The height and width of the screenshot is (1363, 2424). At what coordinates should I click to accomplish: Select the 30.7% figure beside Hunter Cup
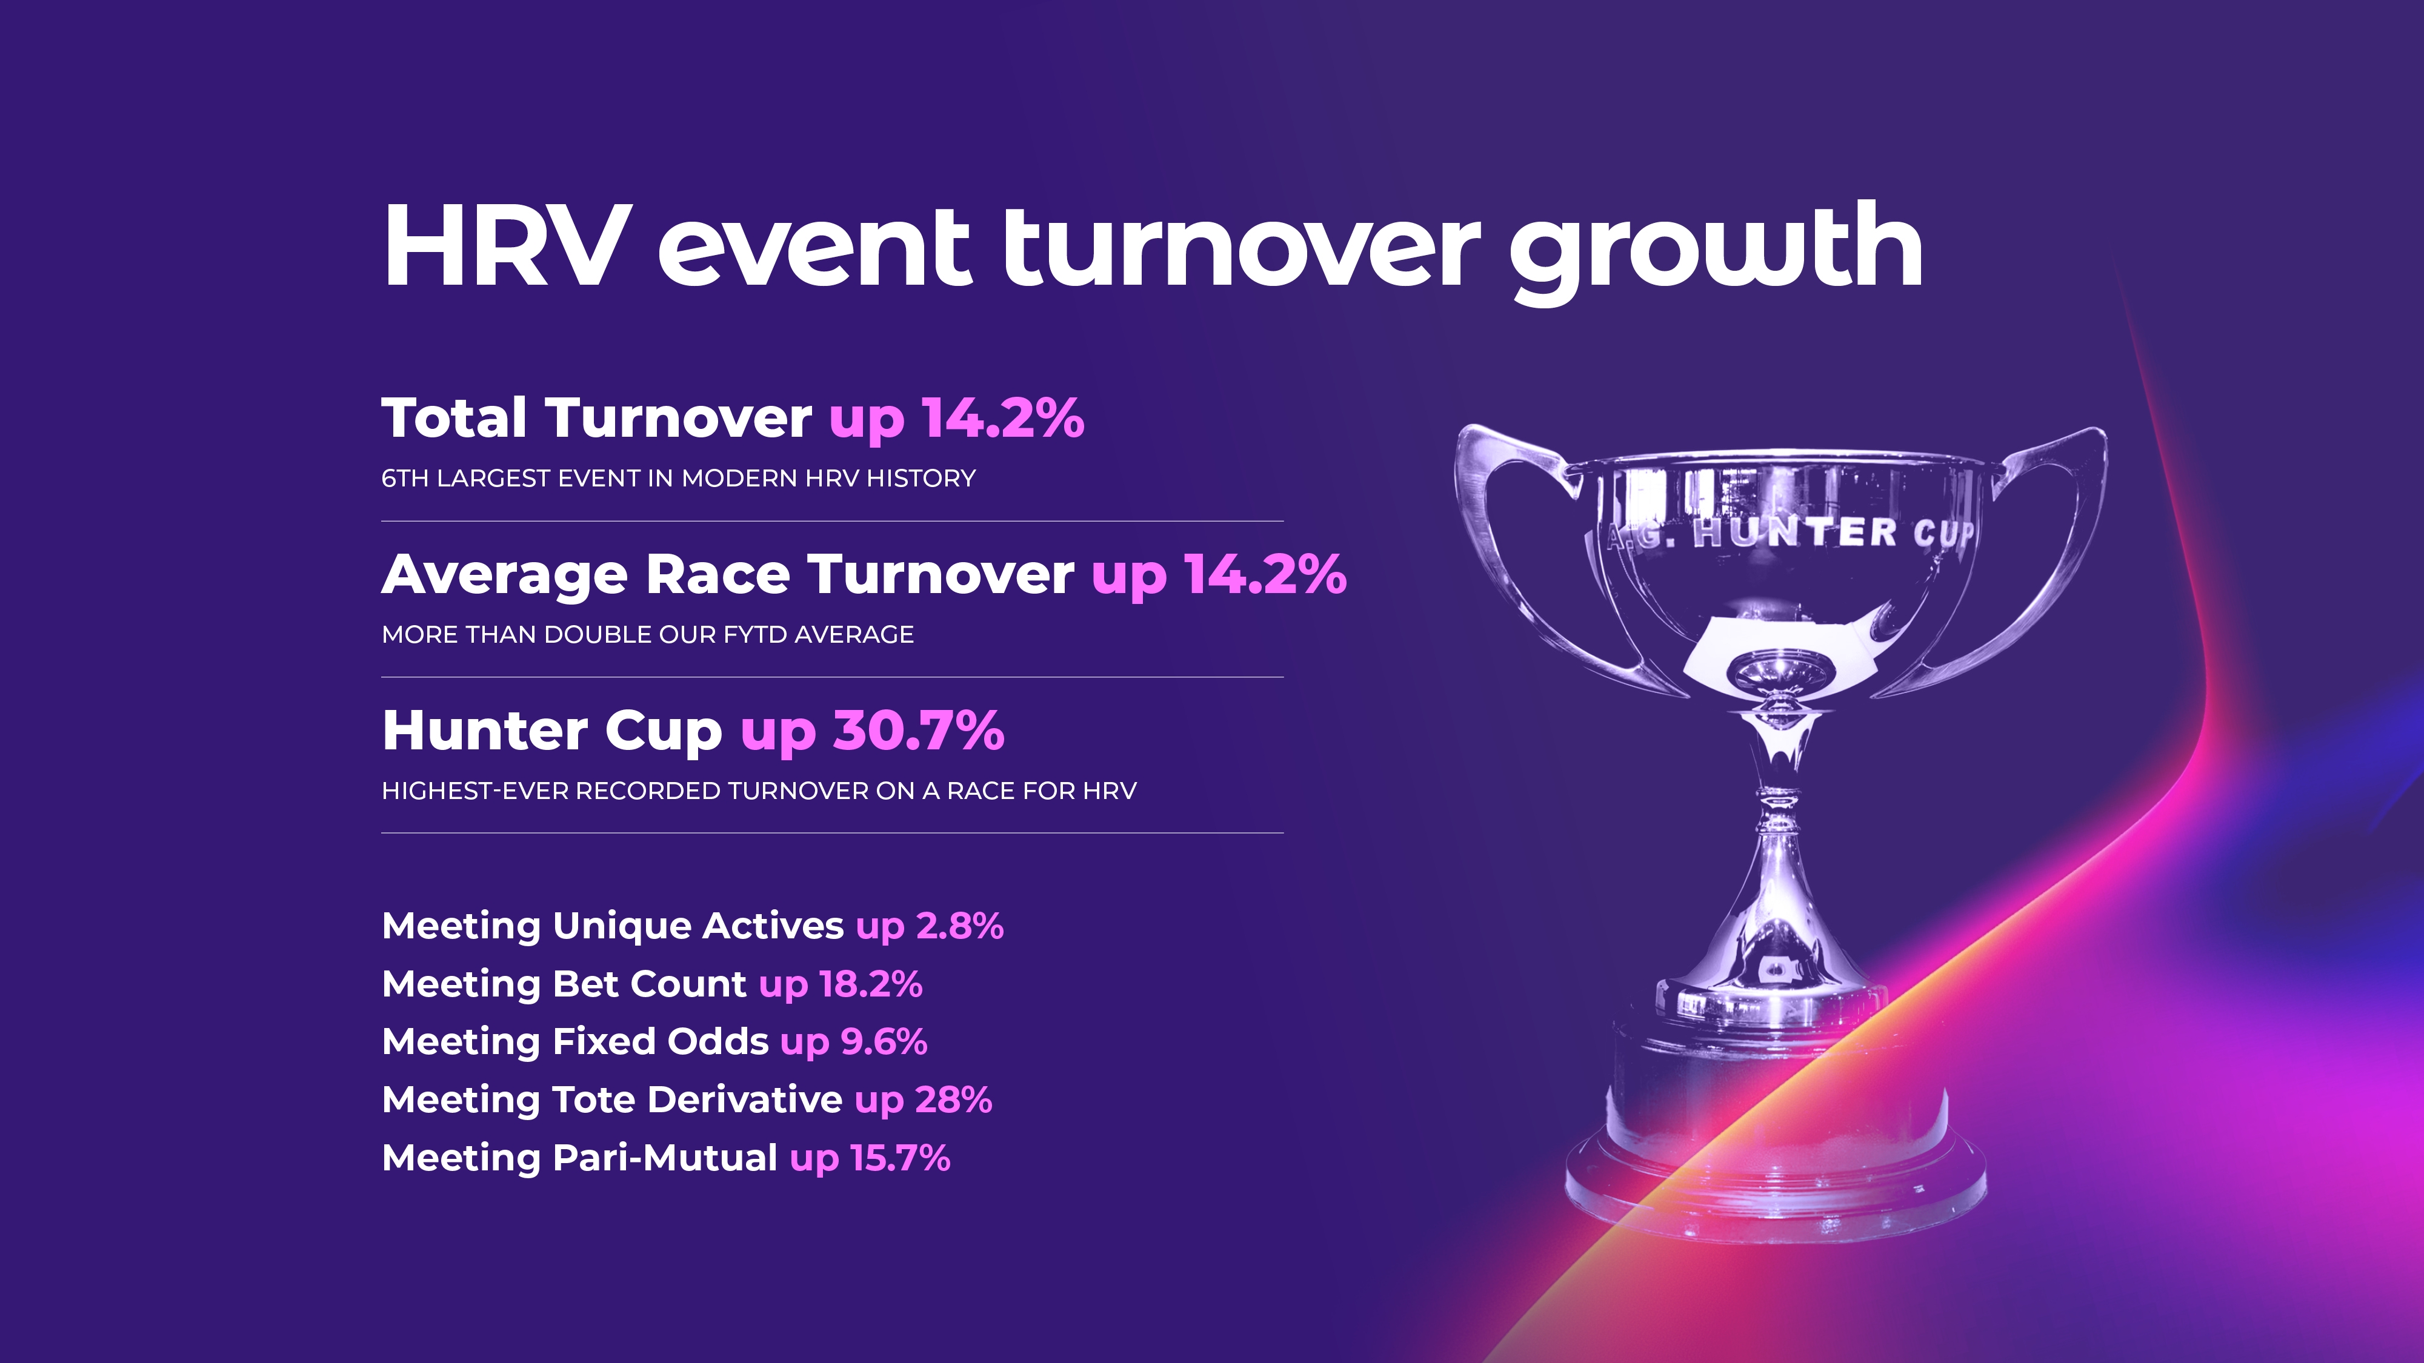(x=919, y=731)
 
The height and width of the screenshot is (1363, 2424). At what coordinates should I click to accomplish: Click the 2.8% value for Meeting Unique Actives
(x=960, y=926)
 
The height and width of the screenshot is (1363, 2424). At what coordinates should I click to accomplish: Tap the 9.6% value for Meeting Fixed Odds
(x=884, y=1041)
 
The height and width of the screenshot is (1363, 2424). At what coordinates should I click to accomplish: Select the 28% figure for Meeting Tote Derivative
(x=954, y=1099)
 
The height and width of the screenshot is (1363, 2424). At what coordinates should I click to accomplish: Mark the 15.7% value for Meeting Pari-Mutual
(x=899, y=1158)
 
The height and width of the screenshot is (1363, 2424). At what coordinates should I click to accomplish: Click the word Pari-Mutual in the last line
(x=665, y=1158)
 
